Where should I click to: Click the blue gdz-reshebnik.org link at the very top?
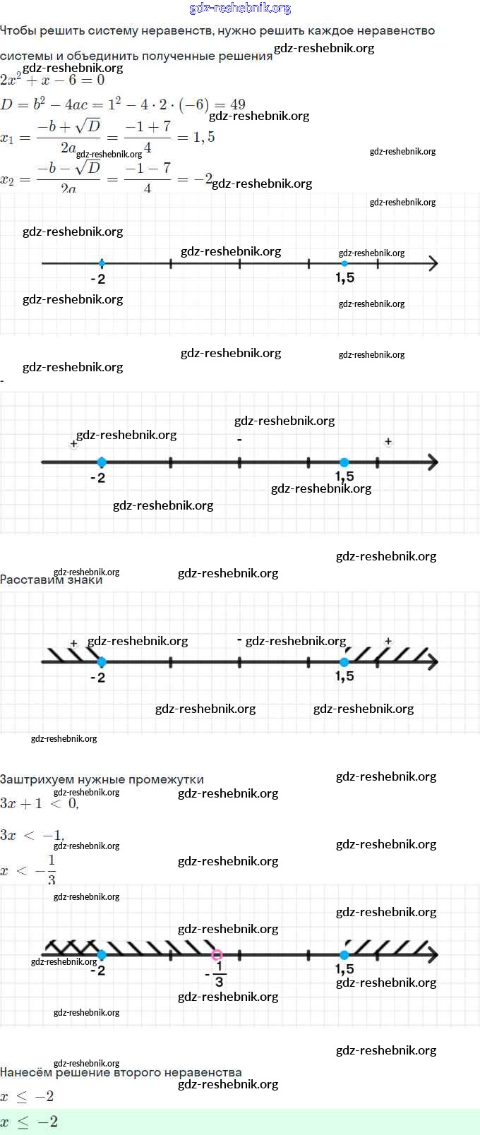coord(240,8)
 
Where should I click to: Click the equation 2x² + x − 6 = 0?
coord(52,80)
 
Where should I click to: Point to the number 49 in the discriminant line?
coord(238,105)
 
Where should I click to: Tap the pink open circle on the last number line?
coord(217,955)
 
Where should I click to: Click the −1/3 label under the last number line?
coord(217,975)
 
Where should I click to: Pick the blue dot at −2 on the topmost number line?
coord(102,264)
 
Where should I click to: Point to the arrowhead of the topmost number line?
coord(433,264)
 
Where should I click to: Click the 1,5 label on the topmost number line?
coord(344,279)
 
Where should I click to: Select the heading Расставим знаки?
coord(51,580)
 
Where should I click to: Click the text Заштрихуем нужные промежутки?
coord(102,780)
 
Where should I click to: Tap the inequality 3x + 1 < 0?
coord(39,804)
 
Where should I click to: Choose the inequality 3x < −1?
coord(32,836)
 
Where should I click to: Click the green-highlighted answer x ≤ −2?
coord(29,1122)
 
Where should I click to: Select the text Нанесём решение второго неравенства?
coord(121,1073)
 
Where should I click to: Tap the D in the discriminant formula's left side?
coord(7,105)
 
